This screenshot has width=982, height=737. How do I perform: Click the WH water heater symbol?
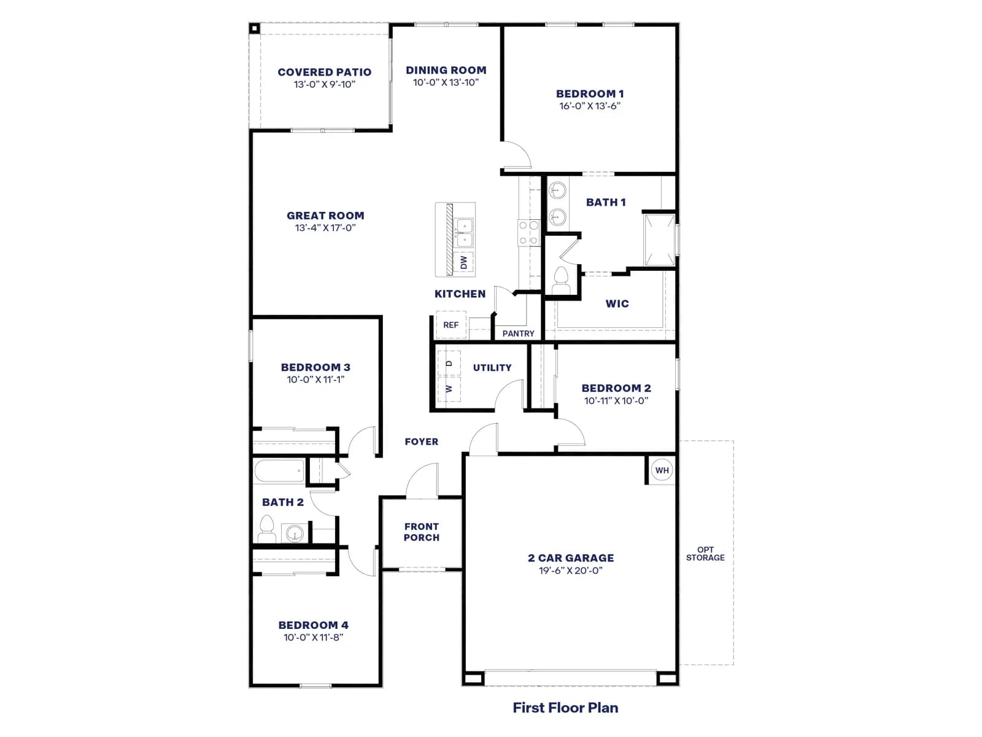coord(662,470)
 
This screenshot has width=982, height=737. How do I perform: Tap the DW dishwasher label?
coord(464,262)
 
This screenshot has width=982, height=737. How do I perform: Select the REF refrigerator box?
coord(451,325)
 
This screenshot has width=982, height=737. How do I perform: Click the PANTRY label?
coord(518,333)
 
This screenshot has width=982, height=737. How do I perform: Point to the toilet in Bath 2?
coord(266,529)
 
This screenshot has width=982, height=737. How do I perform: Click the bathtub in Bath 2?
coord(280,470)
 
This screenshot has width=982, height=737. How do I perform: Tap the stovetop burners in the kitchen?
coord(529,233)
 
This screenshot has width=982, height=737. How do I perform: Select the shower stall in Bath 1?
coord(659,240)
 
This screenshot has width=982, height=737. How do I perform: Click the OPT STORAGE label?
coord(705,553)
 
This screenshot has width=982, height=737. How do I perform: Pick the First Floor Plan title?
coord(565,708)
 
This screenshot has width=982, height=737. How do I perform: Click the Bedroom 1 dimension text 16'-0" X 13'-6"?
coord(590,106)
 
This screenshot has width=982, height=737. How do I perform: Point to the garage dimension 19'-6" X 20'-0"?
coord(570,571)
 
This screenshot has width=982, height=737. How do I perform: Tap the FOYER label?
coord(422,442)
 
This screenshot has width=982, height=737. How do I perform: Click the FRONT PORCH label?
coord(422,532)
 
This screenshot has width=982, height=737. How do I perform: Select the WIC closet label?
coord(617,303)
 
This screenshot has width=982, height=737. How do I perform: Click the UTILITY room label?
coord(492,367)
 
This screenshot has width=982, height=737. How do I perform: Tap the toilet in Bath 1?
coord(561,281)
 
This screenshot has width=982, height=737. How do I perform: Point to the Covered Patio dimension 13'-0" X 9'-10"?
coord(324,84)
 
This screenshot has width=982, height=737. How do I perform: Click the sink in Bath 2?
coord(295,533)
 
